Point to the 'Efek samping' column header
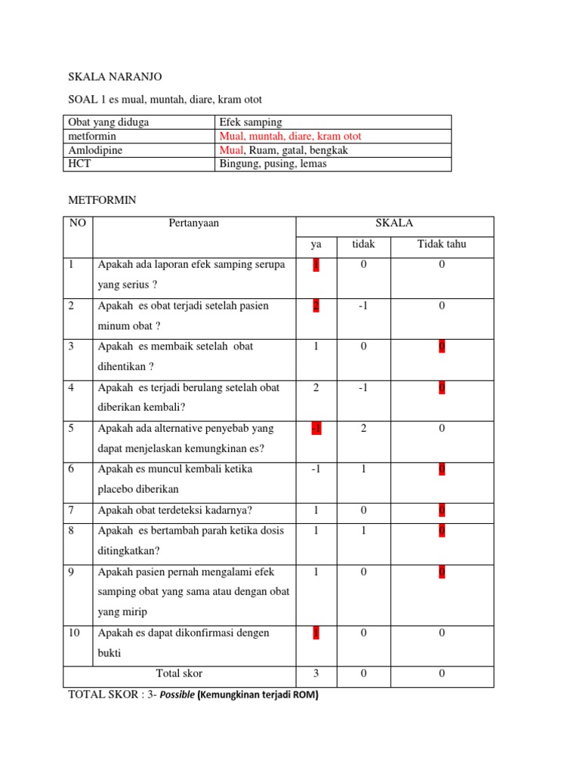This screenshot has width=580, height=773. (250, 122)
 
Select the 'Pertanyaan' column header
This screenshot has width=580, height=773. (194, 223)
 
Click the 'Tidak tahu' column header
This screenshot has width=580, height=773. (442, 244)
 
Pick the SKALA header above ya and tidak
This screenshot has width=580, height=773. (394, 223)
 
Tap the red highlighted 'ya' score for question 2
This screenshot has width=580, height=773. (316, 306)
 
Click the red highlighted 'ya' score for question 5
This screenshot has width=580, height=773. (316, 428)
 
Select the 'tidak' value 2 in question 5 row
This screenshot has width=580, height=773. (363, 428)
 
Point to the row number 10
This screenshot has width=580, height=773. (75, 633)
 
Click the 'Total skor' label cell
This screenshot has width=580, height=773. (179, 673)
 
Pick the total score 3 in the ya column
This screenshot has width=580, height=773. (316, 673)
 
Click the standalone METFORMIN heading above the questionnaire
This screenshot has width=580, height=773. (102, 200)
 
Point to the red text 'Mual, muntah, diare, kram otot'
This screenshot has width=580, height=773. (290, 137)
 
